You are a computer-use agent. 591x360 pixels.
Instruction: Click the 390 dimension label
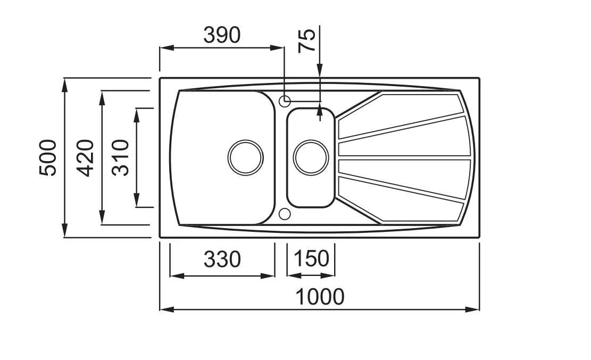222,35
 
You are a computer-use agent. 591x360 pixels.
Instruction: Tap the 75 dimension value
306,40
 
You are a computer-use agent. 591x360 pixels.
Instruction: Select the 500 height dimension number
48,157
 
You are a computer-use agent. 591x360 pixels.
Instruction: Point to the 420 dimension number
85,157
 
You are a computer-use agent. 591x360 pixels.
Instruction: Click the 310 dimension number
121,157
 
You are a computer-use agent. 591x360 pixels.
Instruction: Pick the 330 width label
222,259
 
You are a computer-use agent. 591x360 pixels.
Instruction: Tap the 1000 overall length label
320,297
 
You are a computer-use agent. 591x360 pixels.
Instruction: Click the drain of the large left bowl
246,157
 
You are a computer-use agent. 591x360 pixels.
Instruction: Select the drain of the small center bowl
311,157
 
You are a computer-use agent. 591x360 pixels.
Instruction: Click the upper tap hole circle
285,101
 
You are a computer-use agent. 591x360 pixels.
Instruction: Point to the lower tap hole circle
285,214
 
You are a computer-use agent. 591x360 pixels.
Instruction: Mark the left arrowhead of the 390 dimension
167,48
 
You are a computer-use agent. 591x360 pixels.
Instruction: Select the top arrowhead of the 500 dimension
65,85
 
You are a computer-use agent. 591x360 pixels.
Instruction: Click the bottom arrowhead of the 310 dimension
136,200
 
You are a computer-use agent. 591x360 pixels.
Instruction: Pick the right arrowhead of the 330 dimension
268,276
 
